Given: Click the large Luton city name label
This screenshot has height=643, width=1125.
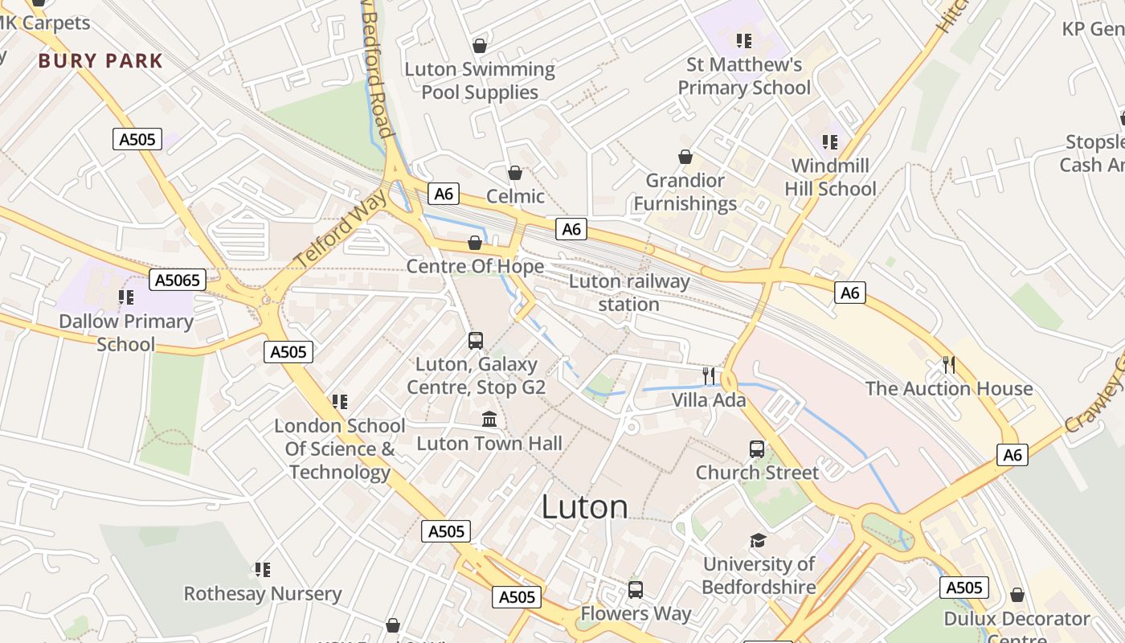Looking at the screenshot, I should click(584, 507).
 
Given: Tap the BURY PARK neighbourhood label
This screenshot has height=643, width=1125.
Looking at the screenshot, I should click(100, 61).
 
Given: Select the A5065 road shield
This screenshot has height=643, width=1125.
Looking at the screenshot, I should click(178, 281).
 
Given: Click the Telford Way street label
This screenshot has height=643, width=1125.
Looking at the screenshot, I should click(340, 227).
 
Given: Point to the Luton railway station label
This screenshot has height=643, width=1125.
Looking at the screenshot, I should click(629, 293).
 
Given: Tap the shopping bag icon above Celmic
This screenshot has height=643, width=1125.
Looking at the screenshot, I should click(515, 173).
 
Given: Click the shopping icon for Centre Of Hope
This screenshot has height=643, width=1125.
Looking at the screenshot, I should click(475, 243).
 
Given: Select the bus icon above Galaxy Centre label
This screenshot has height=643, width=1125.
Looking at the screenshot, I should click(476, 341).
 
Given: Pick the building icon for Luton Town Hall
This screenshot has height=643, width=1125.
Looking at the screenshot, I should click(489, 420).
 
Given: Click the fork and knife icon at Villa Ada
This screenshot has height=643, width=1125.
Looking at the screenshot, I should click(708, 375).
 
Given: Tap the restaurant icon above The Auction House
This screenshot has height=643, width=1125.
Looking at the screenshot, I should click(949, 365).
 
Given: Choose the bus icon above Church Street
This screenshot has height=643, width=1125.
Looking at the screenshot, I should click(757, 449).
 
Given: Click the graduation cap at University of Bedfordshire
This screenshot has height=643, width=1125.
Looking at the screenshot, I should click(758, 540).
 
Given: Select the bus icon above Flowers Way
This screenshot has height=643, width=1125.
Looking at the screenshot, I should click(636, 590).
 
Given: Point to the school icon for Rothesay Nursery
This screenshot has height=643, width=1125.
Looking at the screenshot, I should click(262, 570).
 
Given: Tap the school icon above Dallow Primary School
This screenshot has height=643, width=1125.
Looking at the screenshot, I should click(126, 297).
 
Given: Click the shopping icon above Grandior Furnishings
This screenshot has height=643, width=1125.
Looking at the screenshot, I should click(685, 157).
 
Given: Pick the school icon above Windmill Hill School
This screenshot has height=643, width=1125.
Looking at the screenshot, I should click(830, 142).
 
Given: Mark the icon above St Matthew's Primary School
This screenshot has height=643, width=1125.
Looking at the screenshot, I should click(744, 40).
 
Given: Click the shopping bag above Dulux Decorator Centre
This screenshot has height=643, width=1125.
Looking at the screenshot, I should click(1017, 596).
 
